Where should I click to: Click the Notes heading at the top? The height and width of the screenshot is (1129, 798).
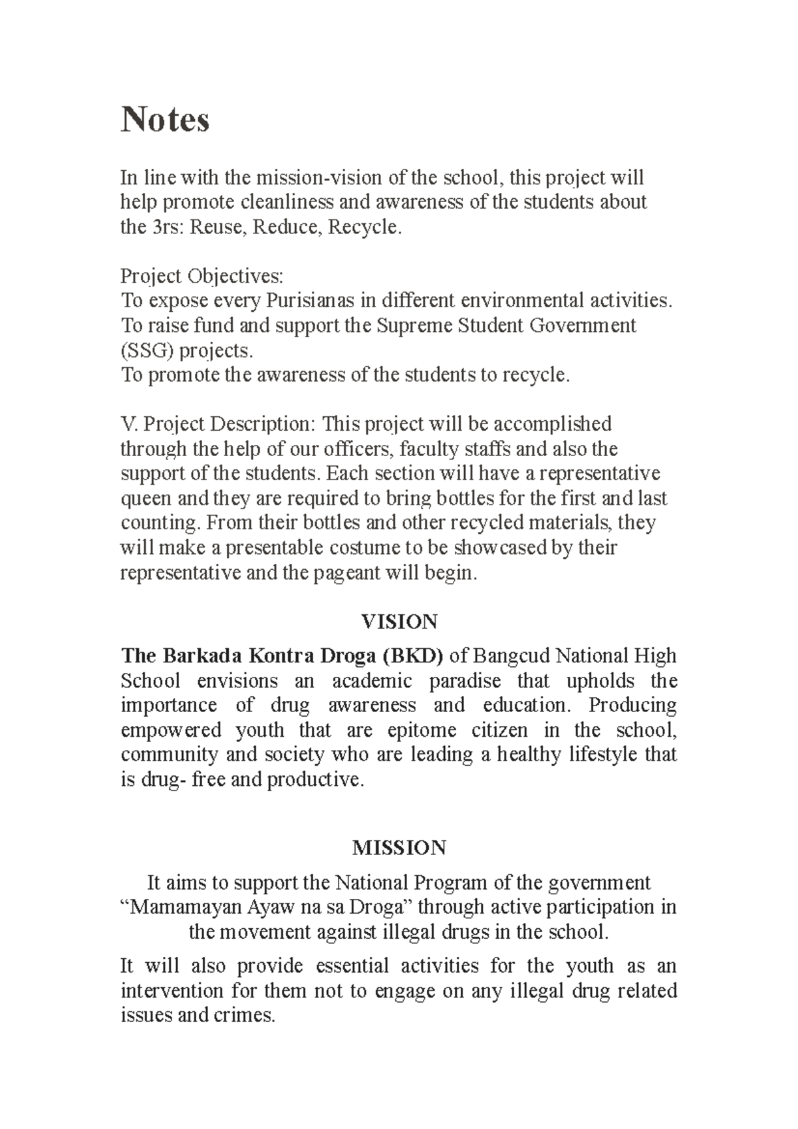165,120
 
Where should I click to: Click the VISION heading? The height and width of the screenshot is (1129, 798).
399,622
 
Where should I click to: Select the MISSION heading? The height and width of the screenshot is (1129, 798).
399,848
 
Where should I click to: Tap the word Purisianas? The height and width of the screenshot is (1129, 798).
310,301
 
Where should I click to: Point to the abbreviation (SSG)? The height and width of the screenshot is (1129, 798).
146,350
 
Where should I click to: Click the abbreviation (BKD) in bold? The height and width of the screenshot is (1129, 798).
412,656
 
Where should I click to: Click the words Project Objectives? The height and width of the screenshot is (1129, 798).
201,276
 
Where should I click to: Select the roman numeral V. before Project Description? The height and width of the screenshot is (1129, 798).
128,424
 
